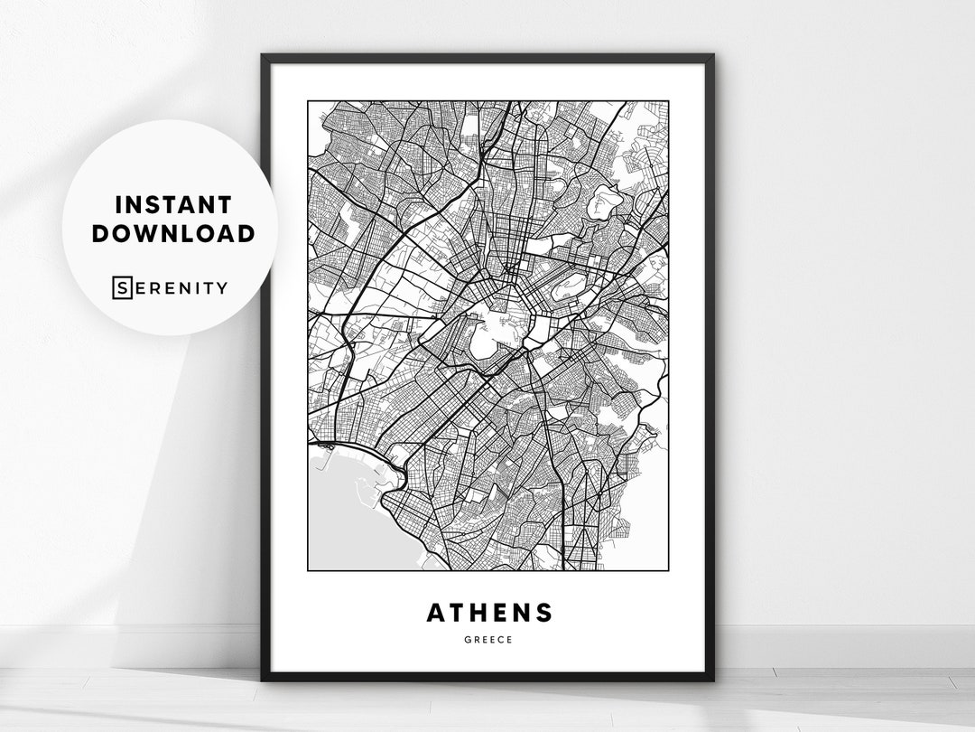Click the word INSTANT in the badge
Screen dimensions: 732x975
click(x=172, y=205)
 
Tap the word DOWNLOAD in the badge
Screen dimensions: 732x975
click(x=172, y=233)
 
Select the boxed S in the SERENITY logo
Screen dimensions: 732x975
click(x=121, y=288)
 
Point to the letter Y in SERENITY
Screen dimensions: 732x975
click(x=221, y=288)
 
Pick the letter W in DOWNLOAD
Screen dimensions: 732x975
click(x=153, y=233)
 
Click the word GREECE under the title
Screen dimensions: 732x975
click(x=488, y=639)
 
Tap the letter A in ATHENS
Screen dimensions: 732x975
click(x=436, y=612)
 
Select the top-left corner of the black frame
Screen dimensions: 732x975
click(x=264, y=57)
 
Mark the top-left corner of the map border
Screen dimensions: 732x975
click(x=308, y=101)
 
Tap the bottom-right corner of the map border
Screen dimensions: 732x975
click(x=668, y=570)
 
